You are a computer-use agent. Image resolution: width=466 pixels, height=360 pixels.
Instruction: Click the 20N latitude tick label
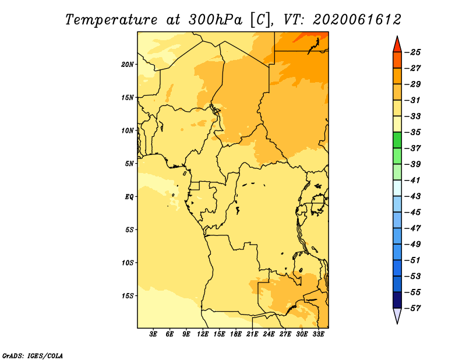coord(128,64)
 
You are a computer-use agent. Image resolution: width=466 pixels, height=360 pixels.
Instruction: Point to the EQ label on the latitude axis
coord(129,197)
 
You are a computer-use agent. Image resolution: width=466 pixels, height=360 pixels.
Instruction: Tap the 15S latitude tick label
coord(128,296)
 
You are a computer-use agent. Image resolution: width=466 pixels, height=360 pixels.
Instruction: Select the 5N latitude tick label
coord(129,164)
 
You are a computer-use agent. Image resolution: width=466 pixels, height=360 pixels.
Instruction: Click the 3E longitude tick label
coord(153,334)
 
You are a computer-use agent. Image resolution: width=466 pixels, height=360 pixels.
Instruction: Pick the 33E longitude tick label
coord(318,334)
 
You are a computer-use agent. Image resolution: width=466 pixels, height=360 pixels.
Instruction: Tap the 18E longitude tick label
coord(236,334)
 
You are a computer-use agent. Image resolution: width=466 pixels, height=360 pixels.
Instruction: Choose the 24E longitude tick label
coord(269,334)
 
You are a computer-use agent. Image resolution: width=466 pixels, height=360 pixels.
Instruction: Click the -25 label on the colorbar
coord(412,52)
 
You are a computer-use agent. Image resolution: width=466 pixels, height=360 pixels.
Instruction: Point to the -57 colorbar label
coord(412,308)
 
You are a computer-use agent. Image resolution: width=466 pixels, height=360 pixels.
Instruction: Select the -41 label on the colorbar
coord(412,181)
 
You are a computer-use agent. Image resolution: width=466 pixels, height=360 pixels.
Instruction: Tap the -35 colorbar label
coord(412,132)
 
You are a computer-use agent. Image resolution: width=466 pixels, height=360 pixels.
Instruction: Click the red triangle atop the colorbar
coord(397,45)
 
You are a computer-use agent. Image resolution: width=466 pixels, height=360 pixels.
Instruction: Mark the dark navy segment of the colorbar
coord(397,300)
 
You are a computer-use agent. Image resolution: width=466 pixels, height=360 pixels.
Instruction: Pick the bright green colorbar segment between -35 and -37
coord(397,140)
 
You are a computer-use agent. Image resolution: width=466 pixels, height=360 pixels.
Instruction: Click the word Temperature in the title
coord(111,20)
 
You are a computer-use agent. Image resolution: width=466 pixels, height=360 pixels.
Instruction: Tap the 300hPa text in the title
coord(216,20)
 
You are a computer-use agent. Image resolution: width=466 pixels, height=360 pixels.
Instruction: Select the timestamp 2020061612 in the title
coord(357,20)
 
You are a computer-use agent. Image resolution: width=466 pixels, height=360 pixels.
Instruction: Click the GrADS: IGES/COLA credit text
coord(33,355)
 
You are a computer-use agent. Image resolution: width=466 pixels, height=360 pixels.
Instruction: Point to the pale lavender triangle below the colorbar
coord(397,315)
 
